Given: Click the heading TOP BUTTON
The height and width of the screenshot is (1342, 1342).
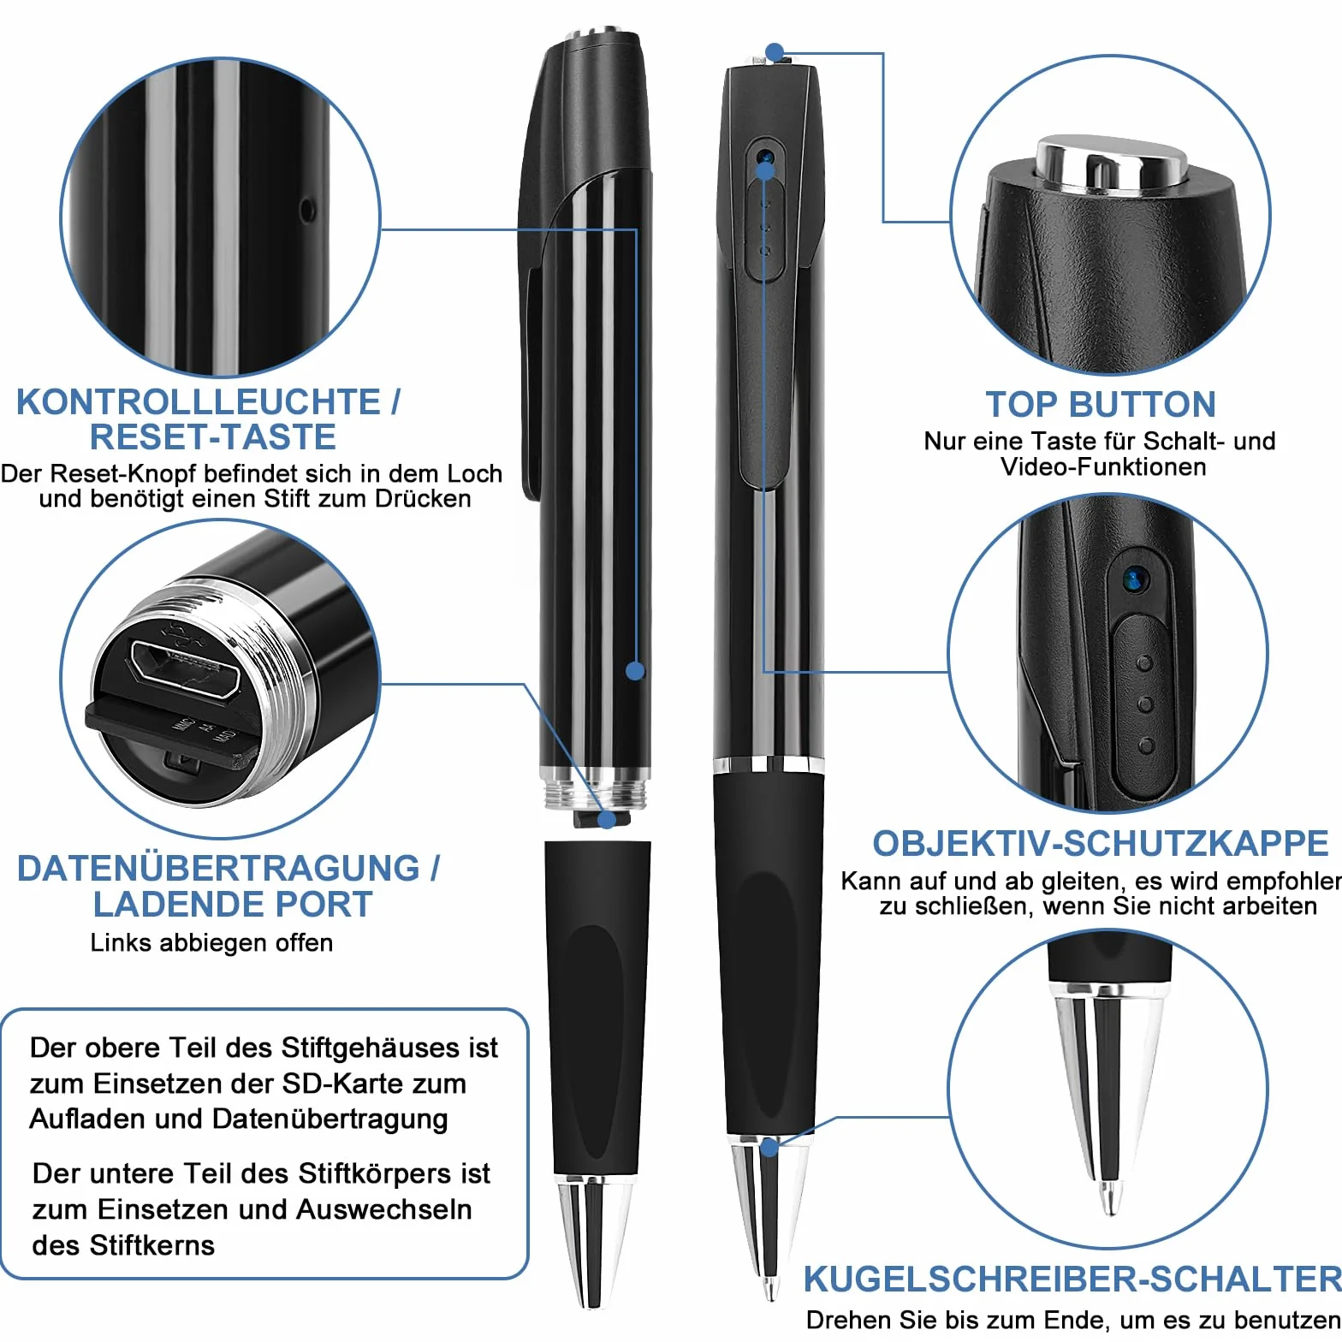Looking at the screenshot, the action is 1100,404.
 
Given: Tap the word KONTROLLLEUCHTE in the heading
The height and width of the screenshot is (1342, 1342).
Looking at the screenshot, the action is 198,401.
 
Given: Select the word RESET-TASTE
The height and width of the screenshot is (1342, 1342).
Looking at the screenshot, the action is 212,436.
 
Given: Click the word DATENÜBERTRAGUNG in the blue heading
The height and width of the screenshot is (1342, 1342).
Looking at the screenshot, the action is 218,868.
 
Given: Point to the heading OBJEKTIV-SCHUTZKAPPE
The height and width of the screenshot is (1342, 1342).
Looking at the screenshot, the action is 1101,844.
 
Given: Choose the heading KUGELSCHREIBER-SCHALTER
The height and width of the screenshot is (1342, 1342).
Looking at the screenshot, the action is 1072,1280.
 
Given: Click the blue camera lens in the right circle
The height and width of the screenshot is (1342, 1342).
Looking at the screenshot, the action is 1135,580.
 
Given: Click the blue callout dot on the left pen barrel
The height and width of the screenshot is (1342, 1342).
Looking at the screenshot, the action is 635,671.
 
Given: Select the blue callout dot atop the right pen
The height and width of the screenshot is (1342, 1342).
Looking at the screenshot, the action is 775,53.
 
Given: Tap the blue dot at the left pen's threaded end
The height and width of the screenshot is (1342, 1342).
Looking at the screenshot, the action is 607,819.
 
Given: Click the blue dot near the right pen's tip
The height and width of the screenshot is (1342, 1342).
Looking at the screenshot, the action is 769,1147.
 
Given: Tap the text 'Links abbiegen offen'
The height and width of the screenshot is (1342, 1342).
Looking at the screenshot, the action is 211,942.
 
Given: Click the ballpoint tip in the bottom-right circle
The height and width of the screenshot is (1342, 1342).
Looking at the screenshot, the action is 1110,1199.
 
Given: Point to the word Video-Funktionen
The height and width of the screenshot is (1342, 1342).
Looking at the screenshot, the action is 1103,466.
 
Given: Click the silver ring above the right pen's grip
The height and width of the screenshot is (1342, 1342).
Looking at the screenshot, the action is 769,765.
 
